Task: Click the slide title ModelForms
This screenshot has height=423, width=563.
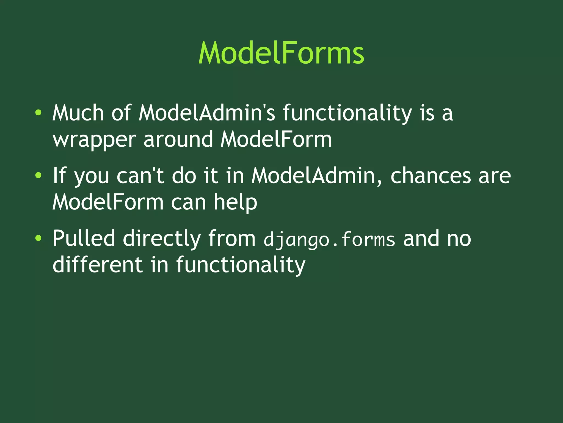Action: (x=281, y=53)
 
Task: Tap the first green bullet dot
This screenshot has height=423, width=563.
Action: (x=38, y=113)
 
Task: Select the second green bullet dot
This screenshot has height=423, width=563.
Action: (x=38, y=175)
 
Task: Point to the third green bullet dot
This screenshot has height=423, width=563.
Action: (x=38, y=238)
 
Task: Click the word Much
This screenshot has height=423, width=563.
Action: (x=78, y=113)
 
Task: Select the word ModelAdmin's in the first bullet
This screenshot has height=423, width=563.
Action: (x=206, y=113)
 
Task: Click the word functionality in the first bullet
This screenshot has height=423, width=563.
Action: (x=347, y=113)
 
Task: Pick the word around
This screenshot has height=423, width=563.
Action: (x=178, y=139)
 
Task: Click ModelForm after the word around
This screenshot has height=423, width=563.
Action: (x=276, y=139)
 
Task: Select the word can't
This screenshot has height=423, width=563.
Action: (x=140, y=176)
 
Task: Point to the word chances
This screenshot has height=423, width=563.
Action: (x=430, y=176)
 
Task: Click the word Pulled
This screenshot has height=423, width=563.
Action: (x=84, y=238)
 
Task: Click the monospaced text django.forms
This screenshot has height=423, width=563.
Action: (x=329, y=239)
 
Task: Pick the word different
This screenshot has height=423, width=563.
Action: (x=97, y=264)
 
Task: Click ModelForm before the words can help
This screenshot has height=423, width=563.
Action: (x=108, y=202)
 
